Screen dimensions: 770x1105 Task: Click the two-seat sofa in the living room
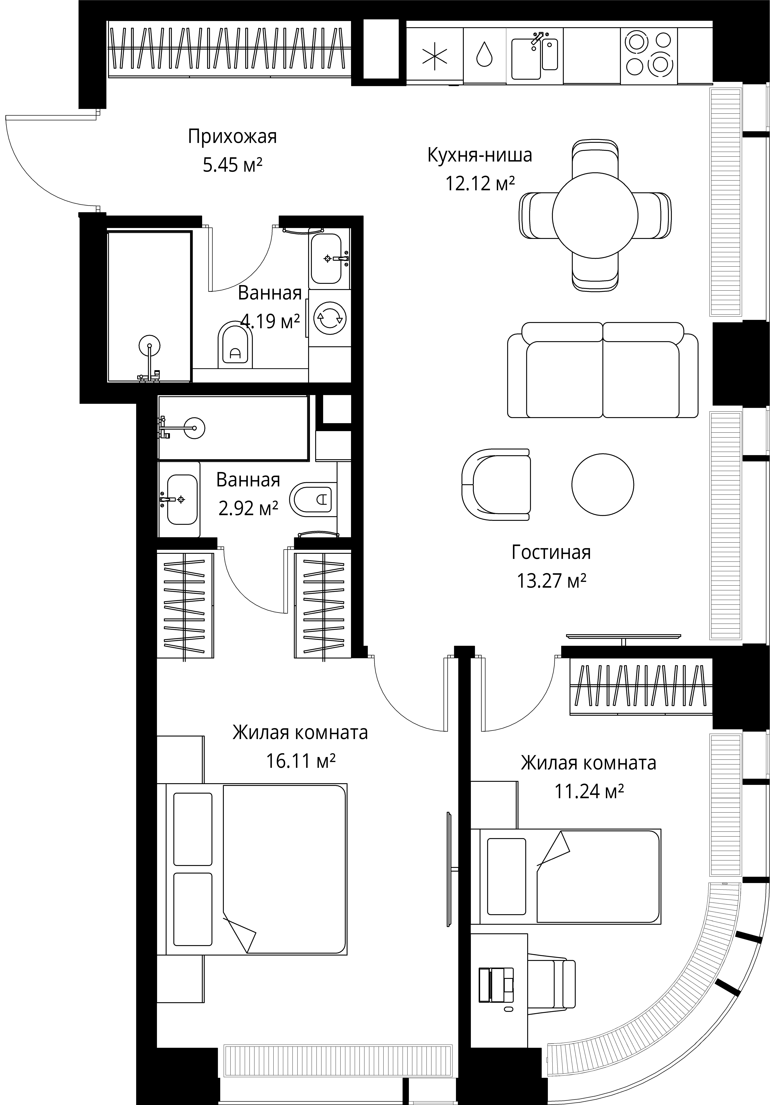603,370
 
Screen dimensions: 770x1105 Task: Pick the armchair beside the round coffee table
496,484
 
